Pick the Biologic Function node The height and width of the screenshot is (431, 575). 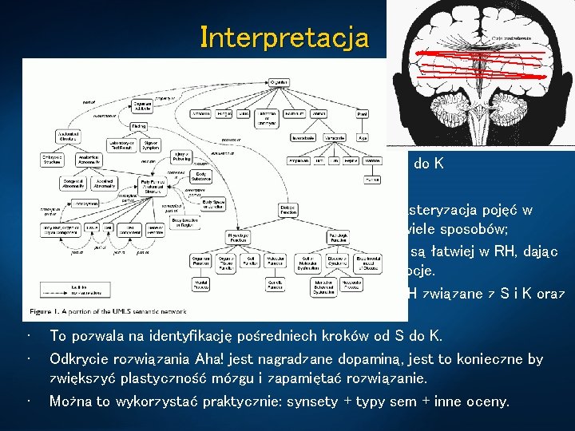tap(288, 211)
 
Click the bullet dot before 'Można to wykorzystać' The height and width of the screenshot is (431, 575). tap(28, 401)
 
